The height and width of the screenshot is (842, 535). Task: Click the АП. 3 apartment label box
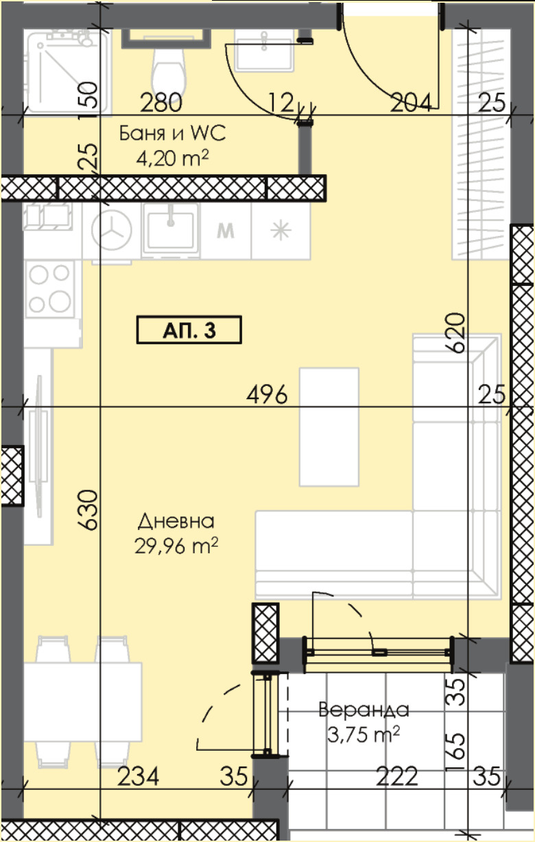click(189, 330)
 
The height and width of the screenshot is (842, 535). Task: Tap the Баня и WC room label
click(173, 133)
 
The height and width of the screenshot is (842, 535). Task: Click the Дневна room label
click(176, 521)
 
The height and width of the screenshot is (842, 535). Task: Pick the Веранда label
click(364, 710)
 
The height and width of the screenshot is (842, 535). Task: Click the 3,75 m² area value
click(364, 734)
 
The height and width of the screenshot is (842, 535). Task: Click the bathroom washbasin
click(264, 50)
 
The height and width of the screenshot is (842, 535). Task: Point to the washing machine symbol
click(112, 230)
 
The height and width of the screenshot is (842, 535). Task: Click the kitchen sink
click(171, 230)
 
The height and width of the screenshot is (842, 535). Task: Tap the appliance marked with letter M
click(226, 230)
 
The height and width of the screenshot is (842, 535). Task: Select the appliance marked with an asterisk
click(281, 230)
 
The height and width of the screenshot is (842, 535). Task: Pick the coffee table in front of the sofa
click(329, 426)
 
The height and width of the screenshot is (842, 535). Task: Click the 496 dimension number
click(267, 395)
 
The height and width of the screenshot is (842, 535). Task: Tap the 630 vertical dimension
click(88, 509)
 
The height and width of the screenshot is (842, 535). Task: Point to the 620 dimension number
click(455, 333)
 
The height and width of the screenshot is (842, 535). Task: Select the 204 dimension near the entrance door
click(410, 103)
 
